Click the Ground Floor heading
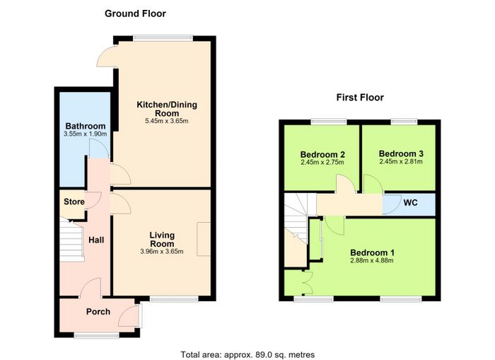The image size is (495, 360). point(135,13)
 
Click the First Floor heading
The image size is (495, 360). point(360,98)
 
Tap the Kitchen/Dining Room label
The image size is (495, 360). point(167,109)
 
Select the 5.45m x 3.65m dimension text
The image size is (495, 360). point(167,121)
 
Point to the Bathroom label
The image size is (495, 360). point(86,126)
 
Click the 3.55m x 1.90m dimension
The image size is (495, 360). point(86,134)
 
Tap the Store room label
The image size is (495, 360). point(74,202)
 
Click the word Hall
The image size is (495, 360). point(96,240)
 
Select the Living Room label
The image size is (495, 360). point(162,239)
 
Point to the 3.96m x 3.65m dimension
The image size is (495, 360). point(162,252)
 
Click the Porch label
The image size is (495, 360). point(98,312)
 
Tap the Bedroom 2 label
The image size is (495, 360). point(322,154)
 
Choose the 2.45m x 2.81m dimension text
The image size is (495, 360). point(401,162)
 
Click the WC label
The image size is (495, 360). point(410,202)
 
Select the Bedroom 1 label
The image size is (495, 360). point(372,252)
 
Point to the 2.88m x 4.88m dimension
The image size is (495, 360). point(372,260)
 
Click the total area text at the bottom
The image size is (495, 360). point(248,354)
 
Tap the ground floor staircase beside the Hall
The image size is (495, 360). point(72,239)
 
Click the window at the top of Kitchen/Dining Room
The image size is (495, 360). point(163,38)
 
